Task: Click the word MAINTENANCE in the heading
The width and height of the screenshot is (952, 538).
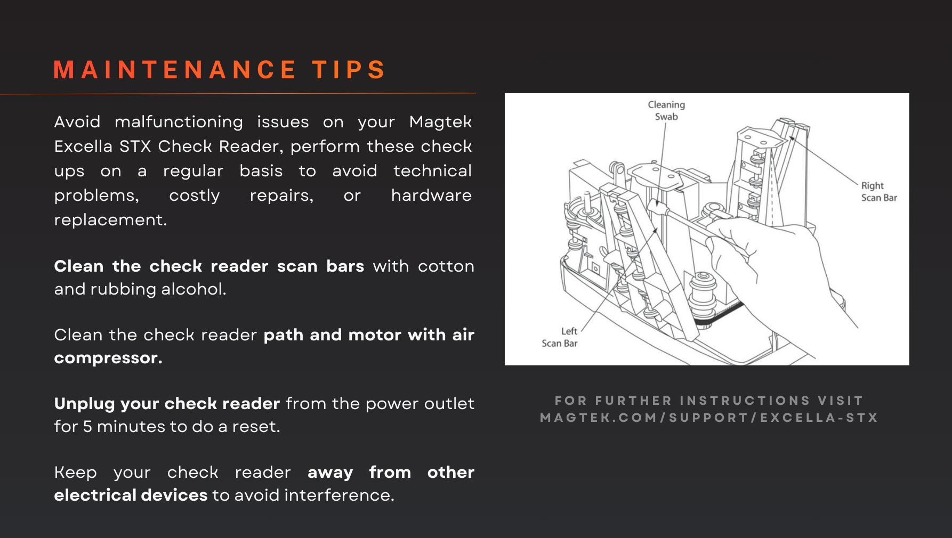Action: tap(175, 70)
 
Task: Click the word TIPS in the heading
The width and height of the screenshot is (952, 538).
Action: tap(349, 70)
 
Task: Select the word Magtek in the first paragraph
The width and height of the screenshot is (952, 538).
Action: tap(440, 123)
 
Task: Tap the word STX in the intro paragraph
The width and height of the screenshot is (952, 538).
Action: tap(135, 146)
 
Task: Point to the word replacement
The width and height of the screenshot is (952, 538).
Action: tap(110, 220)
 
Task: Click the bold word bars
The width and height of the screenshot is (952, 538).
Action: tap(345, 266)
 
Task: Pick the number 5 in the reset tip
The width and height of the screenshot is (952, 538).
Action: tap(87, 427)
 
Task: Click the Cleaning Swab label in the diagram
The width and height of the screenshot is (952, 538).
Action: tap(666, 111)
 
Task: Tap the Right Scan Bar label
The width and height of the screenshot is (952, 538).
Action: tap(879, 192)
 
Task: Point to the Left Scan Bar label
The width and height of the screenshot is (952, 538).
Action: tap(560, 337)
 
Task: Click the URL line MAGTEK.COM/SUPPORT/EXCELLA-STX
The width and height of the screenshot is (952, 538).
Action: tap(709, 418)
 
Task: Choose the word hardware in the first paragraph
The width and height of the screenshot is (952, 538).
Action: tap(431, 195)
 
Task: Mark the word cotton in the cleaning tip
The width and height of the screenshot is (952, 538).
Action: tap(446, 266)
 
